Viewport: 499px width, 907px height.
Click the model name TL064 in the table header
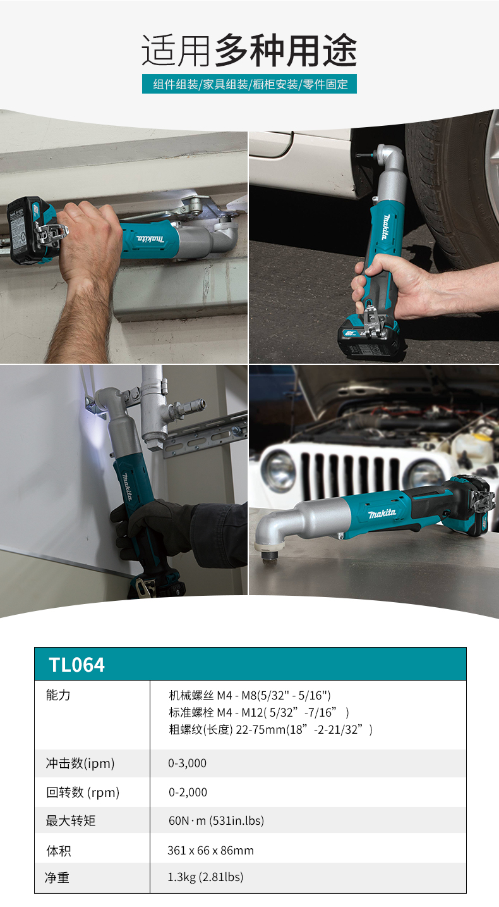tap(76, 665)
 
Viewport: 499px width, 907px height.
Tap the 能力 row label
tap(58, 695)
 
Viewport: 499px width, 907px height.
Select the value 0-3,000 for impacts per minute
tap(187, 763)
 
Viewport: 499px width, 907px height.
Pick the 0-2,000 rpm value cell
tap(188, 792)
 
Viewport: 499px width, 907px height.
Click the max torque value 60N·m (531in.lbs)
tap(216, 821)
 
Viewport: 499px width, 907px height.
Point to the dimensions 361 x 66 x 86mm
tap(211, 850)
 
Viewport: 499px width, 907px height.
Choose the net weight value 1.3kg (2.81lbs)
tap(205, 877)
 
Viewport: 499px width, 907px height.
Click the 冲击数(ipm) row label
tap(80, 763)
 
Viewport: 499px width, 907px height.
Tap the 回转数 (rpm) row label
tap(83, 793)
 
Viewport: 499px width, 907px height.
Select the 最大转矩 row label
tap(71, 821)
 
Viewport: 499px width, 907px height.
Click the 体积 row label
tap(58, 851)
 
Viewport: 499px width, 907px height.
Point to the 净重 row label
tap(57, 877)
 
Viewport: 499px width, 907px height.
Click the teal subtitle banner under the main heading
tap(249, 84)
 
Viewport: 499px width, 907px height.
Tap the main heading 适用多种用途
tap(249, 50)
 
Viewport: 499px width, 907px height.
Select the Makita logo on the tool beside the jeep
tap(382, 514)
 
